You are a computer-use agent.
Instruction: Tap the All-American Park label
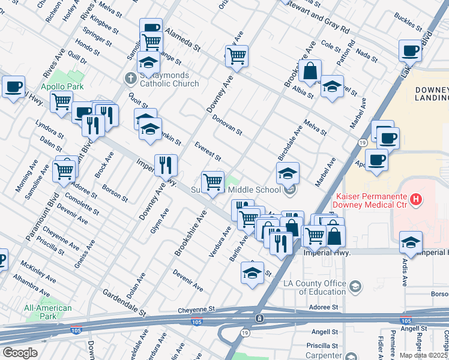tap(48, 313)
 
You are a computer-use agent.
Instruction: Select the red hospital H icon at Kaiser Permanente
tap(414, 199)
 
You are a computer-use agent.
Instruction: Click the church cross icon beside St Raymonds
tap(130, 78)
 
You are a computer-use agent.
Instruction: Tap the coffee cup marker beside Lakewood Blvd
tap(411, 51)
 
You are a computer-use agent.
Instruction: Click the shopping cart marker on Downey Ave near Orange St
tap(237, 56)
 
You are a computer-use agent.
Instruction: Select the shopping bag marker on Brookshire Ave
tap(310, 71)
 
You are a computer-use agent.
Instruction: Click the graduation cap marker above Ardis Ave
tap(411, 242)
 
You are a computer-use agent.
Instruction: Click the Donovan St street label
tap(226, 124)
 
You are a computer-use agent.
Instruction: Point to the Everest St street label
tap(208, 151)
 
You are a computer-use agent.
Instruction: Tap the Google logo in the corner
tap(20, 353)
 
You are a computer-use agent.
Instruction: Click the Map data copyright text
tap(424, 355)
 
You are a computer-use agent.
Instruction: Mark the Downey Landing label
tap(432, 94)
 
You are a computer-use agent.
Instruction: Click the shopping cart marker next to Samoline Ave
tap(64, 170)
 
